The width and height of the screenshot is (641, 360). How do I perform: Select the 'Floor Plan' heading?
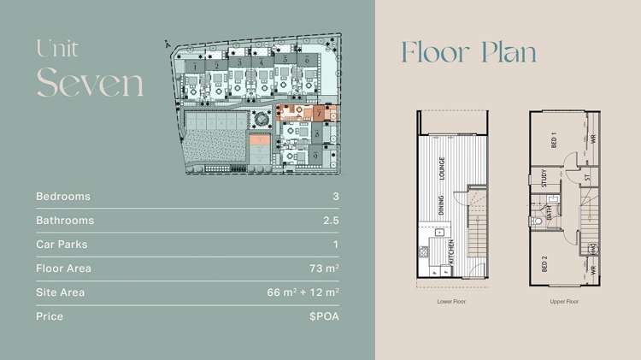coord(469,52)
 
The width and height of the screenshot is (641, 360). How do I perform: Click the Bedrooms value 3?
coord(336,197)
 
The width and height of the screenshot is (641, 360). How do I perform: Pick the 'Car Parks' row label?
coord(62,245)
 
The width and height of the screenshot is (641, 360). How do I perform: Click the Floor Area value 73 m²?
coord(326,269)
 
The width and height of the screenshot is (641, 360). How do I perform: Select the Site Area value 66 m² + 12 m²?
coord(303,292)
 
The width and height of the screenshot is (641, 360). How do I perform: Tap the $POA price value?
coord(325,316)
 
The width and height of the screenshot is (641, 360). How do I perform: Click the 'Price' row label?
coord(50,316)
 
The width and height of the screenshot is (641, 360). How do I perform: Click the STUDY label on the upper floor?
coord(544,179)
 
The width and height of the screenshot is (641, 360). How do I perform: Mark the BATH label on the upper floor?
coord(549,210)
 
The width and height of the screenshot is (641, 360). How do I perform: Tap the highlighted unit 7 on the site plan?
coord(317,112)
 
